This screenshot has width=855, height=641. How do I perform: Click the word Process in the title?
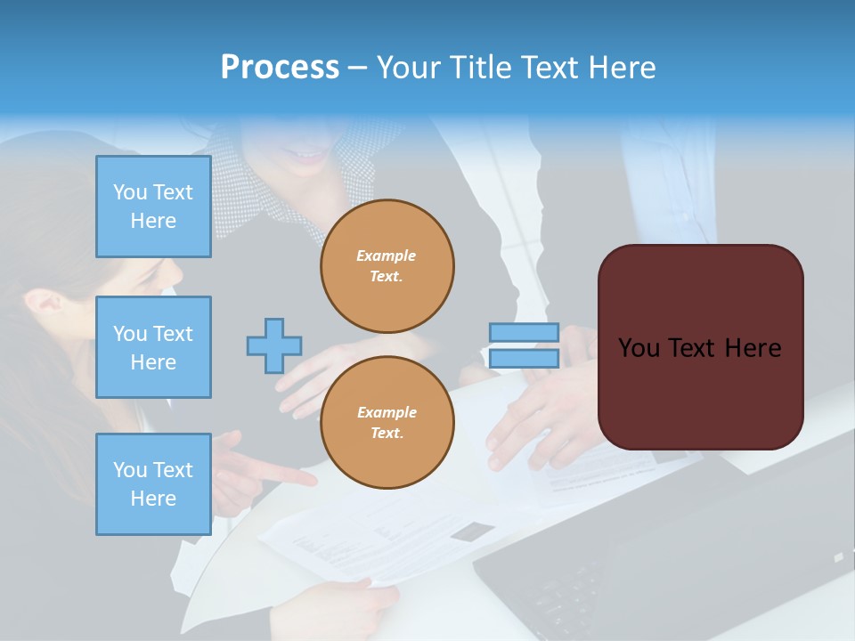pyautogui.click(x=280, y=68)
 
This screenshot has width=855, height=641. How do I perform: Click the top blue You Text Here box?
pyautogui.click(x=153, y=207)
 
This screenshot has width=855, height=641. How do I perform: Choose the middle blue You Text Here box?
pyautogui.click(x=153, y=347)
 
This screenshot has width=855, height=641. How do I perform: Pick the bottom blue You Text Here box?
pyautogui.click(x=153, y=484)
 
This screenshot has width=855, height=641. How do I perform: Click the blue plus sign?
pyautogui.click(x=274, y=345)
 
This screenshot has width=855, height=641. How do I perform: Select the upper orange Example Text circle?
pyautogui.click(x=387, y=266)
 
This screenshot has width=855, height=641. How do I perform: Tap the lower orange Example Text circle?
pyautogui.click(x=387, y=423)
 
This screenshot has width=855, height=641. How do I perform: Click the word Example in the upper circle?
pyautogui.click(x=387, y=256)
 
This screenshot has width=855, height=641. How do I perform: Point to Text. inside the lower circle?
pyautogui.click(x=387, y=434)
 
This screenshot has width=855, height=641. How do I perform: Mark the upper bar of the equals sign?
pyautogui.click(x=524, y=332)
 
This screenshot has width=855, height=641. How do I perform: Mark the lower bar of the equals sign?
pyautogui.click(x=524, y=358)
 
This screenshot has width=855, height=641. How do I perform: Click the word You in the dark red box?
pyautogui.click(x=638, y=348)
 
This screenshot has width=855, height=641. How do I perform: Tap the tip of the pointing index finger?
pyautogui.click(x=313, y=481)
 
